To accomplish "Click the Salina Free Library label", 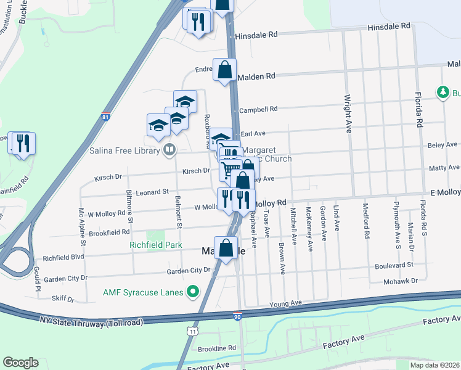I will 124,149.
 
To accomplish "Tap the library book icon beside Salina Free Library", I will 168,149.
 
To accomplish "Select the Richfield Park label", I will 156,245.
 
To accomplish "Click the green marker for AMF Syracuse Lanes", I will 194,291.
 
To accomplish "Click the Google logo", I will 20,363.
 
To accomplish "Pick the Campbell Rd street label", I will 258,109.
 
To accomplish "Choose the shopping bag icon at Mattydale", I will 226,249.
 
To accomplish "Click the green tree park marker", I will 442,92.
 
